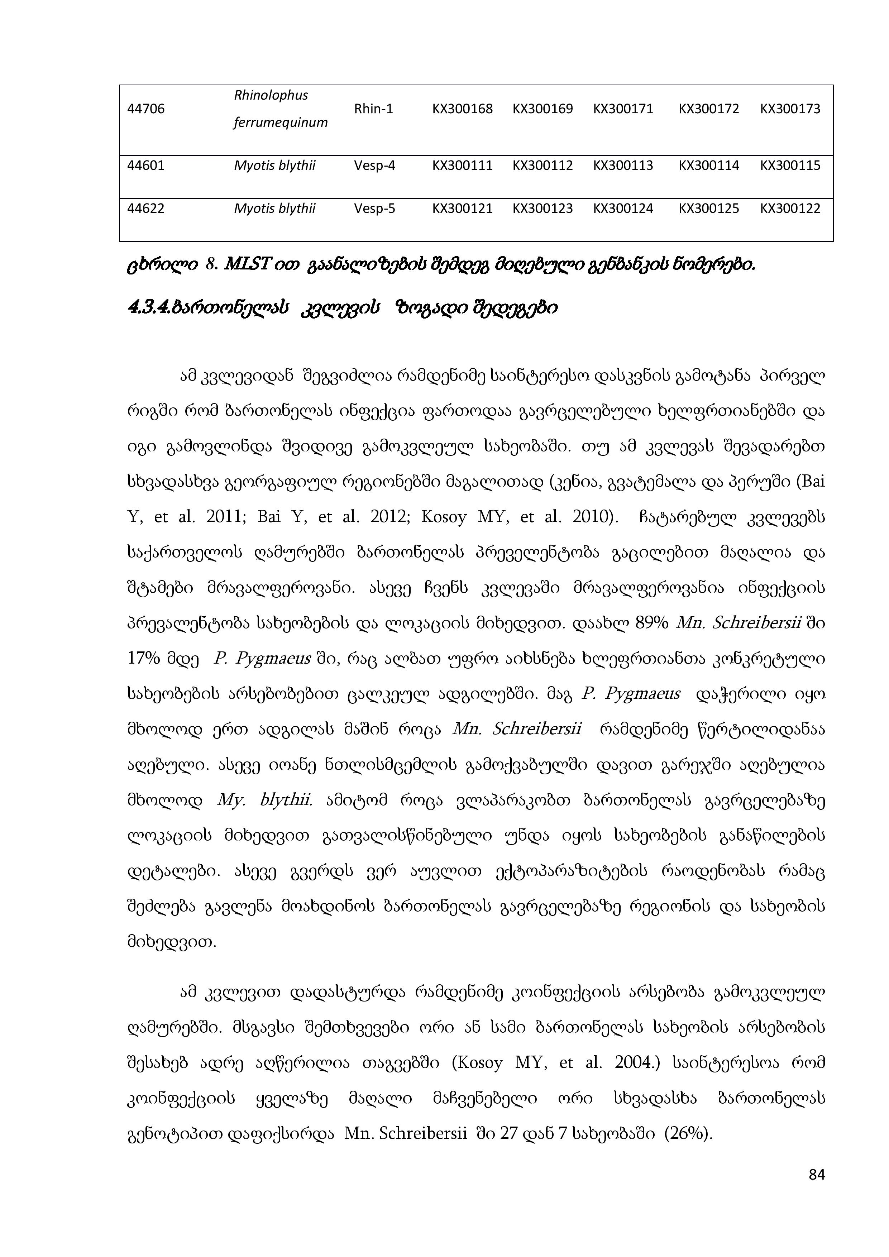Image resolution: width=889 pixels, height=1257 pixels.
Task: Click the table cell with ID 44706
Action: coord(145,109)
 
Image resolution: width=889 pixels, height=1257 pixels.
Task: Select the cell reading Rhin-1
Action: coord(373,109)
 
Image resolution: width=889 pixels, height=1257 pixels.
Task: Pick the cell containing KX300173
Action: coord(790,109)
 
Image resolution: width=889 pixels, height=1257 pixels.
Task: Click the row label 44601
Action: coord(145,165)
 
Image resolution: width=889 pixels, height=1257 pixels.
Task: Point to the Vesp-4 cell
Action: coord(374,165)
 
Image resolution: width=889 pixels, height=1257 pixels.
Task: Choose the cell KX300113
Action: coord(623,165)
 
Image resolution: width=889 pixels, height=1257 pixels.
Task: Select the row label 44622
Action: coord(145,209)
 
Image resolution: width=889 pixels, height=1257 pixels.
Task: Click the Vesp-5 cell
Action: coord(374,209)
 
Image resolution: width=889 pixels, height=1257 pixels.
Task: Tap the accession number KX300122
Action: coord(790,209)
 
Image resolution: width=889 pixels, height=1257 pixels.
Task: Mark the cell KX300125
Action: coord(709,209)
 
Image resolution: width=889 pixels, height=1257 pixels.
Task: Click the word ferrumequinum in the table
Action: coord(280,123)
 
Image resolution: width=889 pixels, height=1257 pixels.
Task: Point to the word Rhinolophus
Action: coord(271,95)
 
